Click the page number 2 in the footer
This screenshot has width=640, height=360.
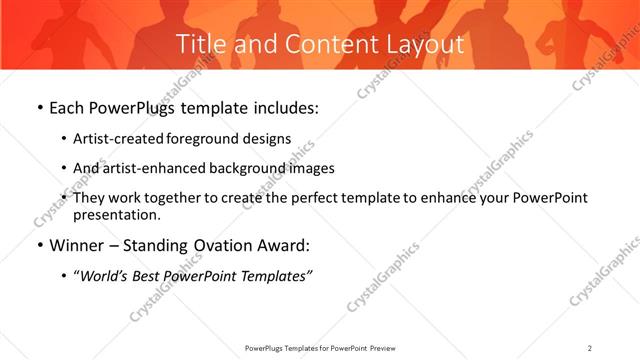(590, 347)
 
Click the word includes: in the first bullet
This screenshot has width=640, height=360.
(282, 107)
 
